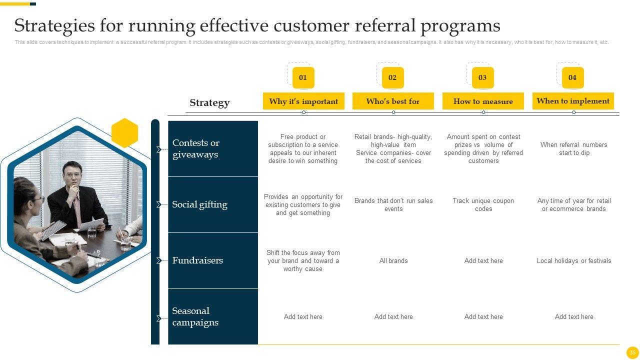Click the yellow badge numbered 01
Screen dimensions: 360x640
[303, 77]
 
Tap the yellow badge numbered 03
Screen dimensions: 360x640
[482, 77]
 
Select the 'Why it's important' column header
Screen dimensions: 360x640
[303, 101]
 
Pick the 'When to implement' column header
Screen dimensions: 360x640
[573, 101]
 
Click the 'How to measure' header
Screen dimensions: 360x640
[483, 101]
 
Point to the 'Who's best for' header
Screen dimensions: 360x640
[393, 101]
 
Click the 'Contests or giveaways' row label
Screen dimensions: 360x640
[196, 148]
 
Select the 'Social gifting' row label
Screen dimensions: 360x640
[199, 204]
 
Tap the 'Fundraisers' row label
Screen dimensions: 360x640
[197, 260]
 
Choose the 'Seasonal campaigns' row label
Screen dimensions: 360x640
[195, 316]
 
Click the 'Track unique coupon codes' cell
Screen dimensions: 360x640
[483, 205]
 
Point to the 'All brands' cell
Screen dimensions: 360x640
[393, 261]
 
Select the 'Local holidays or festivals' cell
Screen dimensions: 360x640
[574, 261]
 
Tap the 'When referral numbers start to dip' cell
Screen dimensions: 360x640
[574, 149]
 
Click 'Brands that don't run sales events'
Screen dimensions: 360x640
[393, 205]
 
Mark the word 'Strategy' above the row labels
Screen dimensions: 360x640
[209, 103]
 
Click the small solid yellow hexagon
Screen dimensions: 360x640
[124, 133]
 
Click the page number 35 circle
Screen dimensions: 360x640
[632, 352]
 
